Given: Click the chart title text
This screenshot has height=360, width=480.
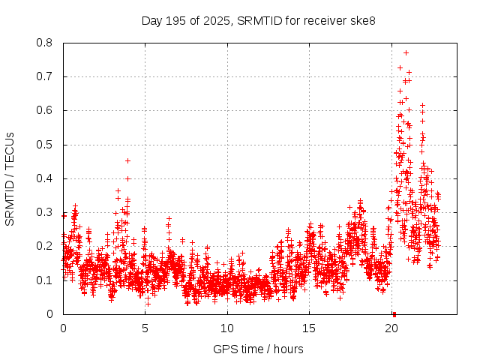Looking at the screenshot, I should point(259,20).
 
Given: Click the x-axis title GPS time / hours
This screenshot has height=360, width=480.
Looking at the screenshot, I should point(259,349).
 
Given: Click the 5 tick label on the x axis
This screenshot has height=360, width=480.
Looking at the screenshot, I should point(145,328).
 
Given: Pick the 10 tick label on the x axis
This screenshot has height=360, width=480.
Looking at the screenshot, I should point(227,328).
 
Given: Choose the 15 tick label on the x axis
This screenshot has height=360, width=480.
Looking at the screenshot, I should point(309,328).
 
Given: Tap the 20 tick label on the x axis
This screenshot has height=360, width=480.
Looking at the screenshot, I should point(391,328).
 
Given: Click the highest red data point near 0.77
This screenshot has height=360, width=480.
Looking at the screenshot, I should point(406,52).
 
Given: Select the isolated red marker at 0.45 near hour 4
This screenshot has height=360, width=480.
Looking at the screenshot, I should point(127,160).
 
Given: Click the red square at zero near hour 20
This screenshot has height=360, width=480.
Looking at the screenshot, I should point(394,313).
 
